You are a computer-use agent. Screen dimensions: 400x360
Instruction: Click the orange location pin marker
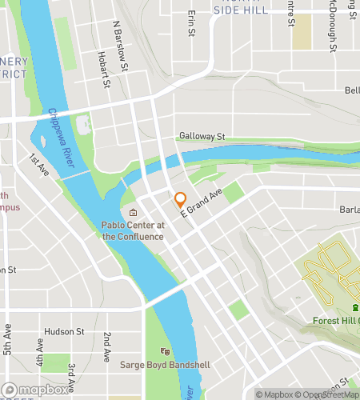180,200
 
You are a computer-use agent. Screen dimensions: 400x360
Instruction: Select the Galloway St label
203,137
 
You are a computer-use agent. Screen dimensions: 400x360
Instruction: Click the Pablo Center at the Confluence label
132,230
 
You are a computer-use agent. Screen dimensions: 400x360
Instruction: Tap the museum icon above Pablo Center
133,213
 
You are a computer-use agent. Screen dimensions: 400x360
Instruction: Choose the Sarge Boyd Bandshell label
165,365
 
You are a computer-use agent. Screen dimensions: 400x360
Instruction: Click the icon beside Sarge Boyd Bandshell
165,351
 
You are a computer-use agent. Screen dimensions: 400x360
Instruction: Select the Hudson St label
65,331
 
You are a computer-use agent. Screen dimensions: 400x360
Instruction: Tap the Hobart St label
102,69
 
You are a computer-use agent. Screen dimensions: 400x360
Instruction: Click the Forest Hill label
336,322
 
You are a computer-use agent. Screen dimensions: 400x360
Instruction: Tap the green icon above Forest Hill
355,309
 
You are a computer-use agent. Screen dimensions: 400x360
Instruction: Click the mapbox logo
34,390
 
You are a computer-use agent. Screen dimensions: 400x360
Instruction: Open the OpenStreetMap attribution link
328,394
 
